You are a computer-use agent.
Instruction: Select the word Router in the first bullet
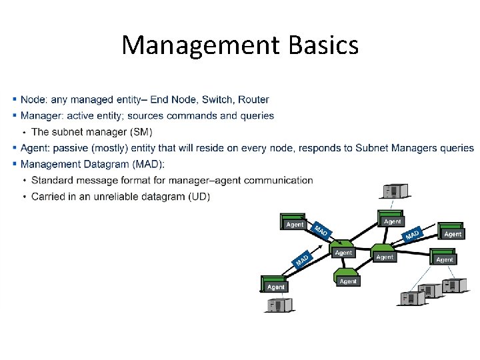pos(253,100)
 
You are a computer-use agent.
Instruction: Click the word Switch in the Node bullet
pos(215,100)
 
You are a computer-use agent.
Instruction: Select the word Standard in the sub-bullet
pos(53,180)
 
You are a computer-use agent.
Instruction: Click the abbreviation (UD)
pos(199,196)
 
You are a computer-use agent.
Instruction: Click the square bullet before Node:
pos(15,100)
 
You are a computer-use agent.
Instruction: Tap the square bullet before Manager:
pos(15,116)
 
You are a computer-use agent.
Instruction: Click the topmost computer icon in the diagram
pos(393,191)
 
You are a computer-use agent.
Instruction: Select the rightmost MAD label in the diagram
pos(413,235)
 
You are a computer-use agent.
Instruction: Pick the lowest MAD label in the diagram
pos(302,259)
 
